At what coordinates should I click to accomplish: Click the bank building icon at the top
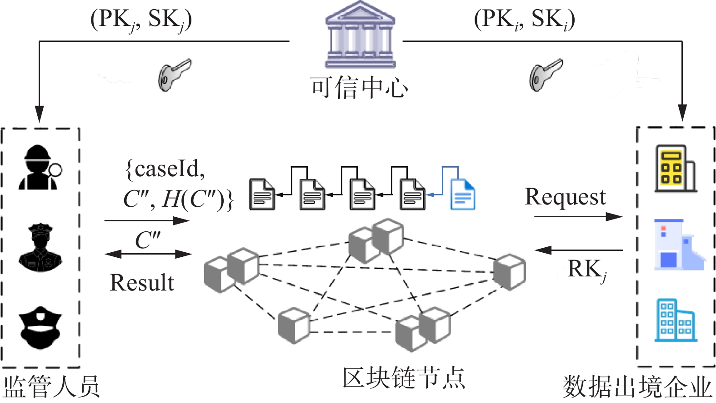pos(360,34)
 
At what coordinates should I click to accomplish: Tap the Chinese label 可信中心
pos(359,87)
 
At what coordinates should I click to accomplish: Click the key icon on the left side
pos(175,75)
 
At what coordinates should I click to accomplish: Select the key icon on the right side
pos(546,75)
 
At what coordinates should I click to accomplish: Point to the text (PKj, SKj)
pos(141,20)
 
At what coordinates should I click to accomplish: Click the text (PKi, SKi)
pos(525,20)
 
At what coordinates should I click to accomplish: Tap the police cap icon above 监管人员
pos(40,327)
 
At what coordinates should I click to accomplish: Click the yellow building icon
pos(675,168)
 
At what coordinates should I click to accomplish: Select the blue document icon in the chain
pos(462,194)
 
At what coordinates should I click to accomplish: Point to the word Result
pos(142,283)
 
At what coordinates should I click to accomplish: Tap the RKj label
pos(587,270)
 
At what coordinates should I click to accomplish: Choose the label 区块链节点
pos(404,378)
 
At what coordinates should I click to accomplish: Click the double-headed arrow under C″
pos(148,254)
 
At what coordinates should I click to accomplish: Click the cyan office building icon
pos(675,320)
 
